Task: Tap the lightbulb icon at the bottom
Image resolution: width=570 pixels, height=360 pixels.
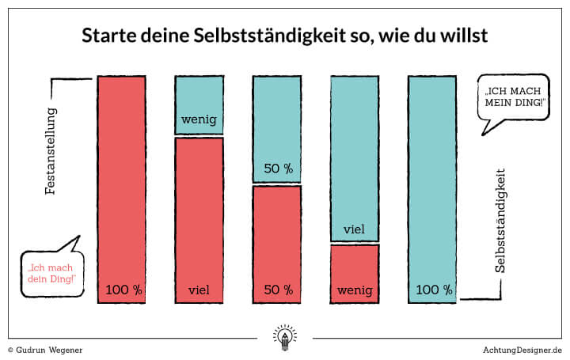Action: [284, 336]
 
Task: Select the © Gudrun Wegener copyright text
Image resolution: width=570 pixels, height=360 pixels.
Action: [45, 349]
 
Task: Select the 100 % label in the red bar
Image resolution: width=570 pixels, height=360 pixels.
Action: [123, 290]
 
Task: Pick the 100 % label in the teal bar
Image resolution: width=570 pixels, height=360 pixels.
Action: [433, 290]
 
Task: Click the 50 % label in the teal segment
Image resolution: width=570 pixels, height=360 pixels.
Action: [278, 169]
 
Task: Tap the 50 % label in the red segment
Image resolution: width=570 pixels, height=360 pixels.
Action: [278, 290]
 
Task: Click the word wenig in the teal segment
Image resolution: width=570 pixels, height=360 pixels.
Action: [199, 120]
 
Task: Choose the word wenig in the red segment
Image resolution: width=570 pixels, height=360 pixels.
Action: [354, 290]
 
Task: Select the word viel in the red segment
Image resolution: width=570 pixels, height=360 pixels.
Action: [199, 290]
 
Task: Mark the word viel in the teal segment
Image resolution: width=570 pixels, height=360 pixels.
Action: [354, 229]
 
